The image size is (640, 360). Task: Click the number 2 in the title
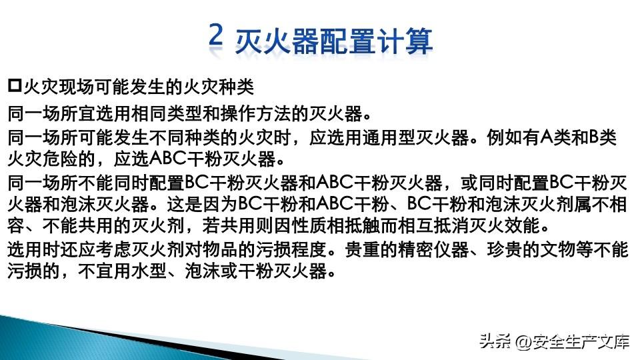(215, 35)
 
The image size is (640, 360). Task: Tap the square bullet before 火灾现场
(14, 86)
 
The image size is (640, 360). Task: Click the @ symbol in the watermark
(523, 342)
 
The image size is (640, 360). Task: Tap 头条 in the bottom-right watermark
(495, 341)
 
